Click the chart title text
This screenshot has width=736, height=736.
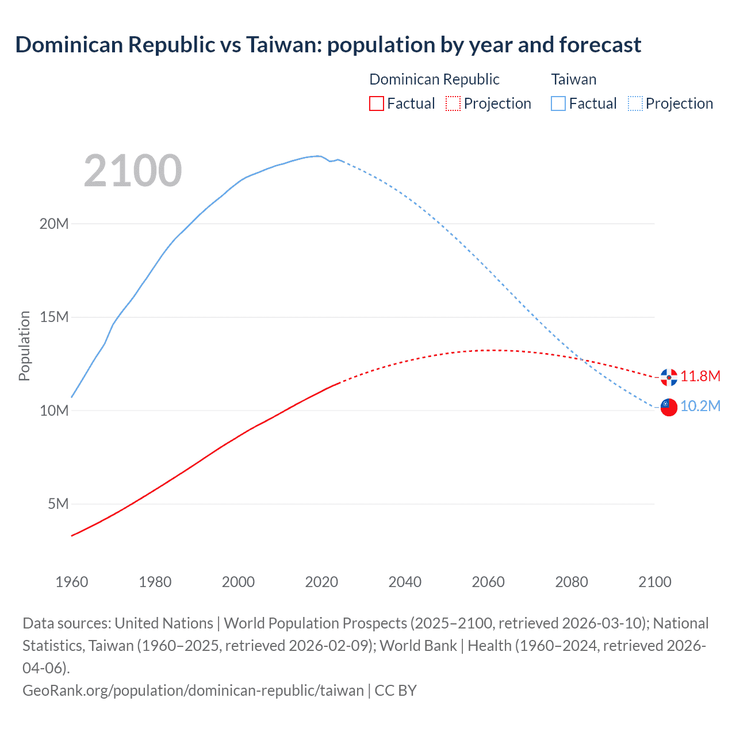pyautogui.click(x=328, y=45)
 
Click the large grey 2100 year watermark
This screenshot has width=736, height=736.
pyautogui.click(x=133, y=171)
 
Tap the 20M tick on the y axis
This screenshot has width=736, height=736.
pyautogui.click(x=54, y=224)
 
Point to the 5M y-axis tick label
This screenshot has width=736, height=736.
pyautogui.click(x=58, y=504)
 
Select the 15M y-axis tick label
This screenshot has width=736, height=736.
pyautogui.click(x=54, y=317)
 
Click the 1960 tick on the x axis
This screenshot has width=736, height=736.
pyautogui.click(x=72, y=582)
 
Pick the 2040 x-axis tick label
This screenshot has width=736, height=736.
pyautogui.click(x=405, y=582)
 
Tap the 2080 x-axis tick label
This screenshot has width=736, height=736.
pyautogui.click(x=572, y=582)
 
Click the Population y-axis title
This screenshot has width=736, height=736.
pyautogui.click(x=24, y=346)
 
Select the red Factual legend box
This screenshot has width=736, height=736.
pyautogui.click(x=377, y=103)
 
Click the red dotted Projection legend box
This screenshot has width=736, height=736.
pyautogui.click(x=453, y=103)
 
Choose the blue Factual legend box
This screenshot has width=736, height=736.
pyautogui.click(x=558, y=103)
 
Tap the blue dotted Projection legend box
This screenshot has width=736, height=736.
pyautogui.click(x=635, y=103)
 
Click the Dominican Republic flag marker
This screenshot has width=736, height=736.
pyautogui.click(x=669, y=377)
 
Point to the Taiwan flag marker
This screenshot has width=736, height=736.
pyautogui.click(x=669, y=407)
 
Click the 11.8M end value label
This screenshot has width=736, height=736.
pyautogui.click(x=700, y=376)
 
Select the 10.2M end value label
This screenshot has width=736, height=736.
pyautogui.click(x=700, y=406)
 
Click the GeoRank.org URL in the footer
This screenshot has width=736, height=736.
pyautogui.click(x=193, y=690)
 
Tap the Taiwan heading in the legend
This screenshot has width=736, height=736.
pyautogui.click(x=574, y=79)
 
